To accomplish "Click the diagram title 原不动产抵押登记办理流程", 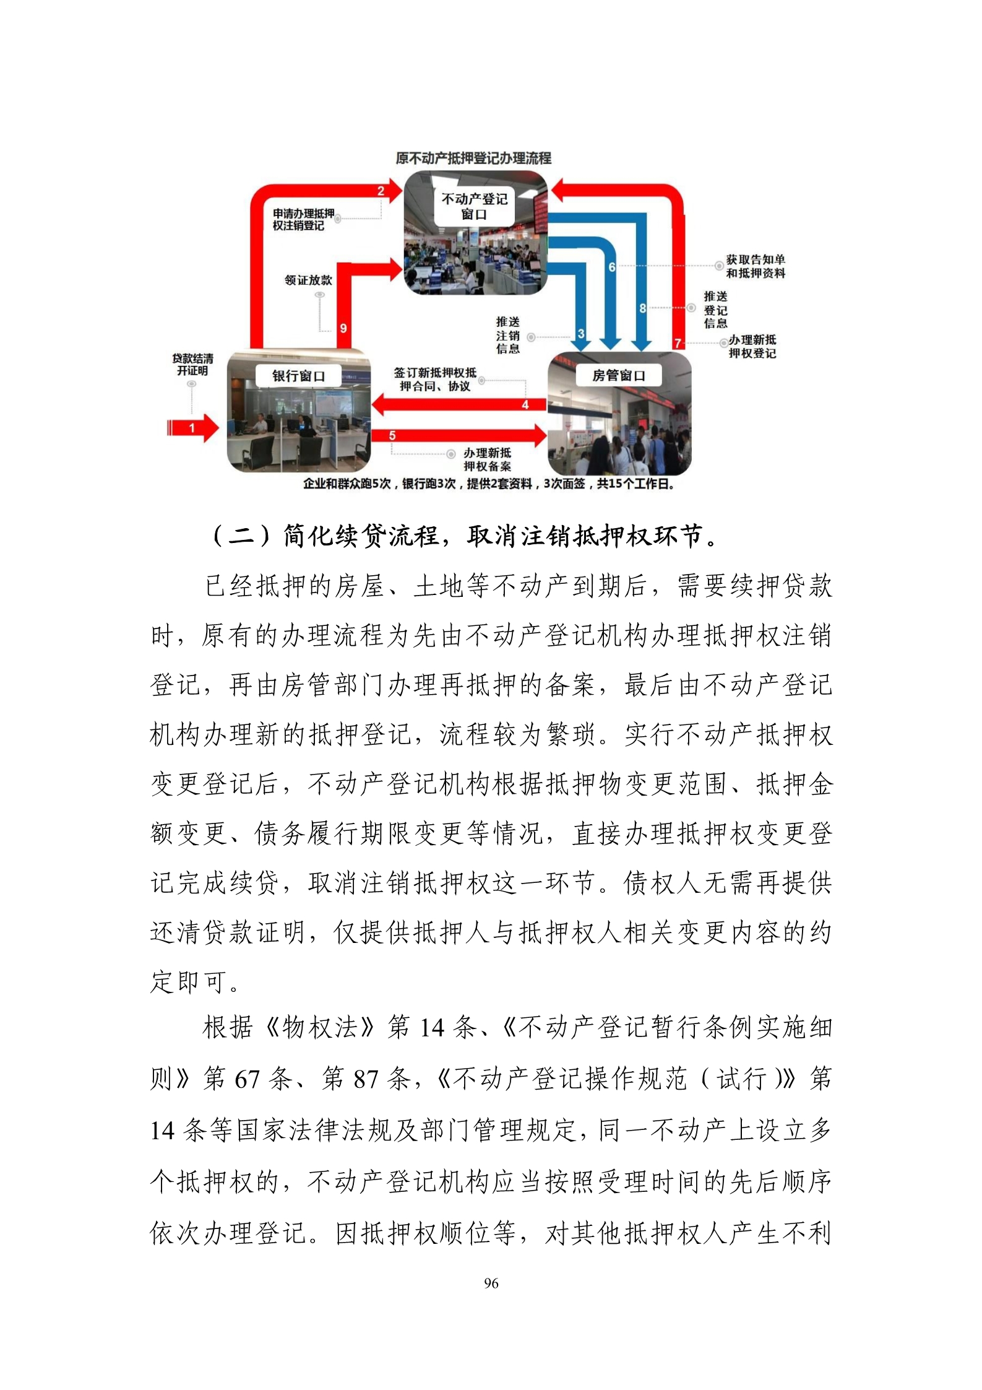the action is pos(473,158).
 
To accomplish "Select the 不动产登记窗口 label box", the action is pos(475,207).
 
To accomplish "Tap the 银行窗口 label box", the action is pos(299,376).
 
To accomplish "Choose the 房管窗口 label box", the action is pos(618,375).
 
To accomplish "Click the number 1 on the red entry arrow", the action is pos(192,427).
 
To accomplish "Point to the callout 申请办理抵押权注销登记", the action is pos(303,219).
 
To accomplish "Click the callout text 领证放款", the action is pos(309,280).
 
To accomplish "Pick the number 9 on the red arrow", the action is pos(343,329).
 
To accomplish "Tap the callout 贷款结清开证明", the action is pos(192,365).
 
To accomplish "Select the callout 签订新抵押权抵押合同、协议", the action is pos(435,380).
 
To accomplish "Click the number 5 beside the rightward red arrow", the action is pos(392,436).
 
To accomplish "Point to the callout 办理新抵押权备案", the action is pos(488,459).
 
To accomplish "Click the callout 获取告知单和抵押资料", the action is pos(756,266).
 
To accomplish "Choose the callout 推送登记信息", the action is pos(715,310).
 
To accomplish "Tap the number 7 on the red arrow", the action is pos(678,342).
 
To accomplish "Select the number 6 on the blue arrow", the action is pos(612,267).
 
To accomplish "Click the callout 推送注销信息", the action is pos(507,335).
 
